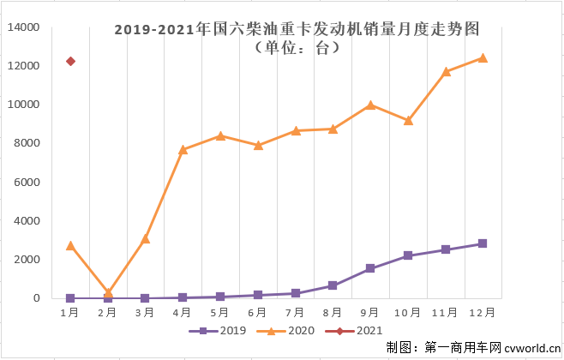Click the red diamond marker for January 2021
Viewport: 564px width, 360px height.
(x=70, y=62)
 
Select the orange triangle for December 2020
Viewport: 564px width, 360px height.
(x=483, y=58)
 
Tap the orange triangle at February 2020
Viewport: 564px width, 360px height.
(x=108, y=293)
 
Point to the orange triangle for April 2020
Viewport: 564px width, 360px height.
(x=183, y=149)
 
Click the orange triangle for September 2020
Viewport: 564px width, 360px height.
(x=370, y=105)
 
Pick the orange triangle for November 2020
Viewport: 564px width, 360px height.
(x=446, y=71)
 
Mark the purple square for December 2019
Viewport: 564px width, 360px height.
(x=483, y=243)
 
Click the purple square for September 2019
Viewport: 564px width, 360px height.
(x=370, y=268)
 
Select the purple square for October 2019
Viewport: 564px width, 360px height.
(x=408, y=255)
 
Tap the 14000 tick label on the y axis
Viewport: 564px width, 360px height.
(x=23, y=27)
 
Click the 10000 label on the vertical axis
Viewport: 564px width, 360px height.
(x=23, y=105)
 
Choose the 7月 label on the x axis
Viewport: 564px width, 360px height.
(x=296, y=312)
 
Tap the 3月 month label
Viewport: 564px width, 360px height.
(x=146, y=312)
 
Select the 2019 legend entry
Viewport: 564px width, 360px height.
(x=225, y=330)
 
